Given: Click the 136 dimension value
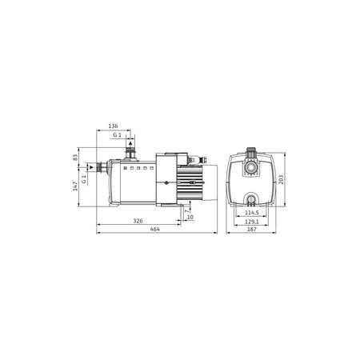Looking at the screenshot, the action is [113, 126].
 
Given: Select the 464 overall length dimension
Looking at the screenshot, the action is [155, 229].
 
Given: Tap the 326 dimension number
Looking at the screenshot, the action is [138, 221].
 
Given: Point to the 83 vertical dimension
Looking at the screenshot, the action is [75, 158].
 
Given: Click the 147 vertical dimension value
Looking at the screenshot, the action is [75, 186].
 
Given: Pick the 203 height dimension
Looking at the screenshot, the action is [281, 179].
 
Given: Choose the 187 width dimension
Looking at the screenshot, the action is [252, 229].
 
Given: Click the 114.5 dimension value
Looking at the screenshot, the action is [252, 213].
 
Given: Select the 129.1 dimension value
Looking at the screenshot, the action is [252, 222].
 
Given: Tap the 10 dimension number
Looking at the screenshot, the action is [190, 218].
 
